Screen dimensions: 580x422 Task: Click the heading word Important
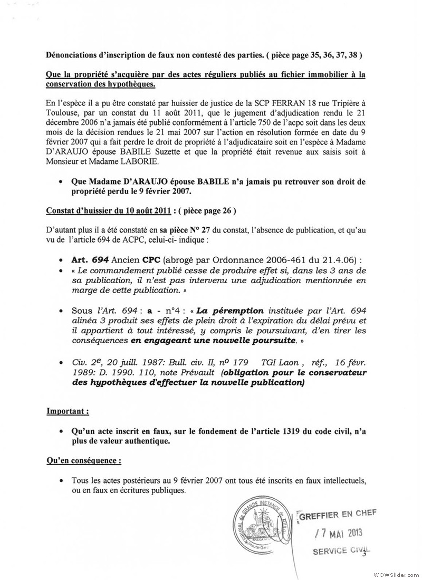tap(67, 410)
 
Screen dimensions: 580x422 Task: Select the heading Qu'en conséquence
tap(84, 460)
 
